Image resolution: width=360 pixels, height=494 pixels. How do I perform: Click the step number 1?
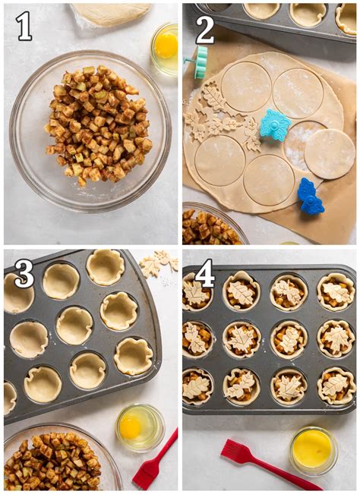(24, 26)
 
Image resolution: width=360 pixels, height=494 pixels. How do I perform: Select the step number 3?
(24, 273)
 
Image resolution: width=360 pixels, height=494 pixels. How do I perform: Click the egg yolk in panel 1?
(166, 46)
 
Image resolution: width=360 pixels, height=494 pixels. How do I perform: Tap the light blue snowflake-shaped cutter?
(275, 125)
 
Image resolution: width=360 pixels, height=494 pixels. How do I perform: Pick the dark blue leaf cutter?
(310, 196)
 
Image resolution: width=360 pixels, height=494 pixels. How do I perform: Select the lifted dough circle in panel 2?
(330, 154)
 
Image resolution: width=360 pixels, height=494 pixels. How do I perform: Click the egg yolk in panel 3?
(130, 427)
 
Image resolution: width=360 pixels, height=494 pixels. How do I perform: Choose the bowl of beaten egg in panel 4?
(313, 451)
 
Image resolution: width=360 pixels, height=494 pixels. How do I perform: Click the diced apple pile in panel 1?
(98, 125)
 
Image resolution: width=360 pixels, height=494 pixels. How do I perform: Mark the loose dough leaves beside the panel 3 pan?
(159, 263)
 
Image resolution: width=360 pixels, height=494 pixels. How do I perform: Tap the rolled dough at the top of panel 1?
(111, 14)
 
